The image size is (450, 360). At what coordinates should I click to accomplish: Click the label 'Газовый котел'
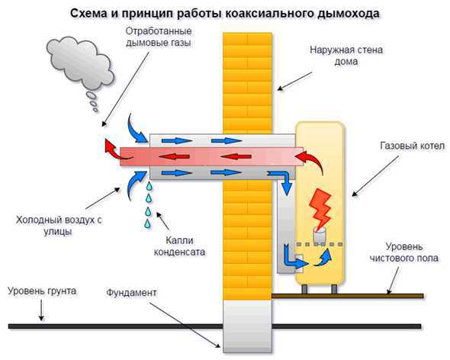tap(412, 146)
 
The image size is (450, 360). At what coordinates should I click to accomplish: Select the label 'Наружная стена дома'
tap(346, 56)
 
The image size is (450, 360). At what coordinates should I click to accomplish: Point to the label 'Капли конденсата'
tap(180, 246)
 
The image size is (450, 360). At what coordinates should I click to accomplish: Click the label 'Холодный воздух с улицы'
tap(59, 226)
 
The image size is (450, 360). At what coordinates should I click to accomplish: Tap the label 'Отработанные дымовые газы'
tap(159, 37)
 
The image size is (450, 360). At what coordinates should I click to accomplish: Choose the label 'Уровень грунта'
tap(42, 291)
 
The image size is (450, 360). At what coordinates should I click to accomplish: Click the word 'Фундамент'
tap(131, 293)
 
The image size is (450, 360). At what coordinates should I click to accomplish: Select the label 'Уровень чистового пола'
tap(404, 252)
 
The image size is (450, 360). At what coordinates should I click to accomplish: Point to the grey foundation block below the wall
tap(247, 326)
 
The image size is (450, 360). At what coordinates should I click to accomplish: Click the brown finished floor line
tap(348, 296)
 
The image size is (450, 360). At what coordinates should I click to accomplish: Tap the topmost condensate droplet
tap(149, 186)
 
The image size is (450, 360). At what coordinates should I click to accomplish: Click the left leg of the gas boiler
tap(305, 288)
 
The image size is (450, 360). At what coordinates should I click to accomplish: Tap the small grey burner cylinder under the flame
tap(320, 236)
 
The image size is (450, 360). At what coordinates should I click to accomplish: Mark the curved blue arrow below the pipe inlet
tap(134, 184)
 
